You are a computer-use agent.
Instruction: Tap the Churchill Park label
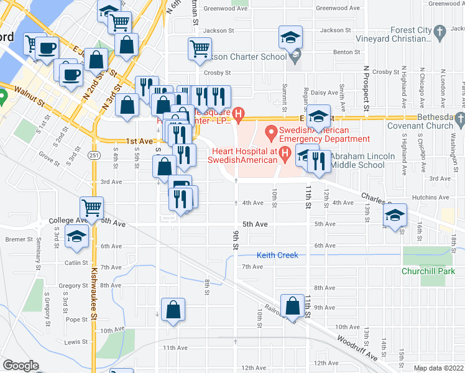[428, 271]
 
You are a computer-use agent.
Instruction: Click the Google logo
[21, 366]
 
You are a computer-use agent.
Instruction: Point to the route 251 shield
[94, 154]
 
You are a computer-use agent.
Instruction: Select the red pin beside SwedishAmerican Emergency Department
[271, 132]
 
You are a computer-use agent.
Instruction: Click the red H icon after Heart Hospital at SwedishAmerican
[285, 152]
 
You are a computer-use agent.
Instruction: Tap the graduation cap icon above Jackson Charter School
[290, 37]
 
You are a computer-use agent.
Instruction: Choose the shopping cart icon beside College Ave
[92, 208]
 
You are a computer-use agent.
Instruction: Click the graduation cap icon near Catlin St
[77, 237]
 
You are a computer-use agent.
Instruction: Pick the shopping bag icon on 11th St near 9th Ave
[292, 306]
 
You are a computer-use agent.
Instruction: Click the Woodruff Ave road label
[357, 348]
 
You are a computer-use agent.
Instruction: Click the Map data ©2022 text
[438, 368]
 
